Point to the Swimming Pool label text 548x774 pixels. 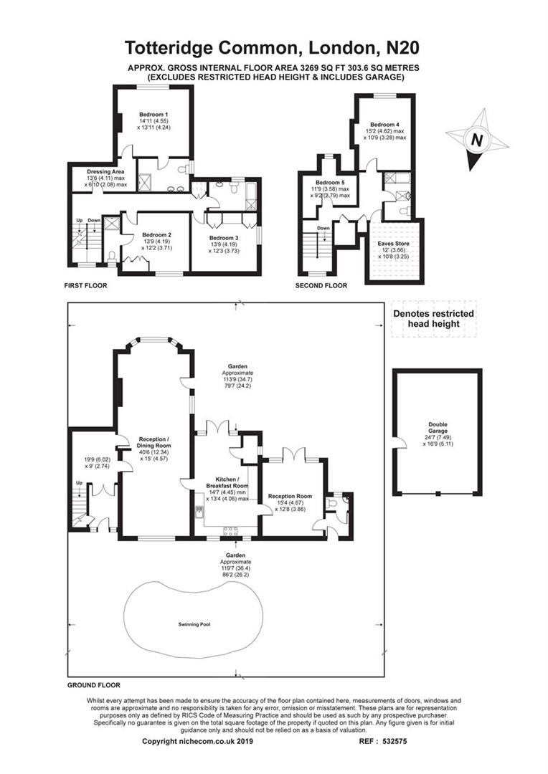(193, 624)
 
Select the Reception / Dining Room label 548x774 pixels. (153, 442)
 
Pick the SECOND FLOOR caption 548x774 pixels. (321, 285)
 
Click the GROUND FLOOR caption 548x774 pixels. (93, 685)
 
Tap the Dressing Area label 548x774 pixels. (106, 172)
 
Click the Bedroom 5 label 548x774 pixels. (330, 182)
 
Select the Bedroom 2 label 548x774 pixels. (156, 235)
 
